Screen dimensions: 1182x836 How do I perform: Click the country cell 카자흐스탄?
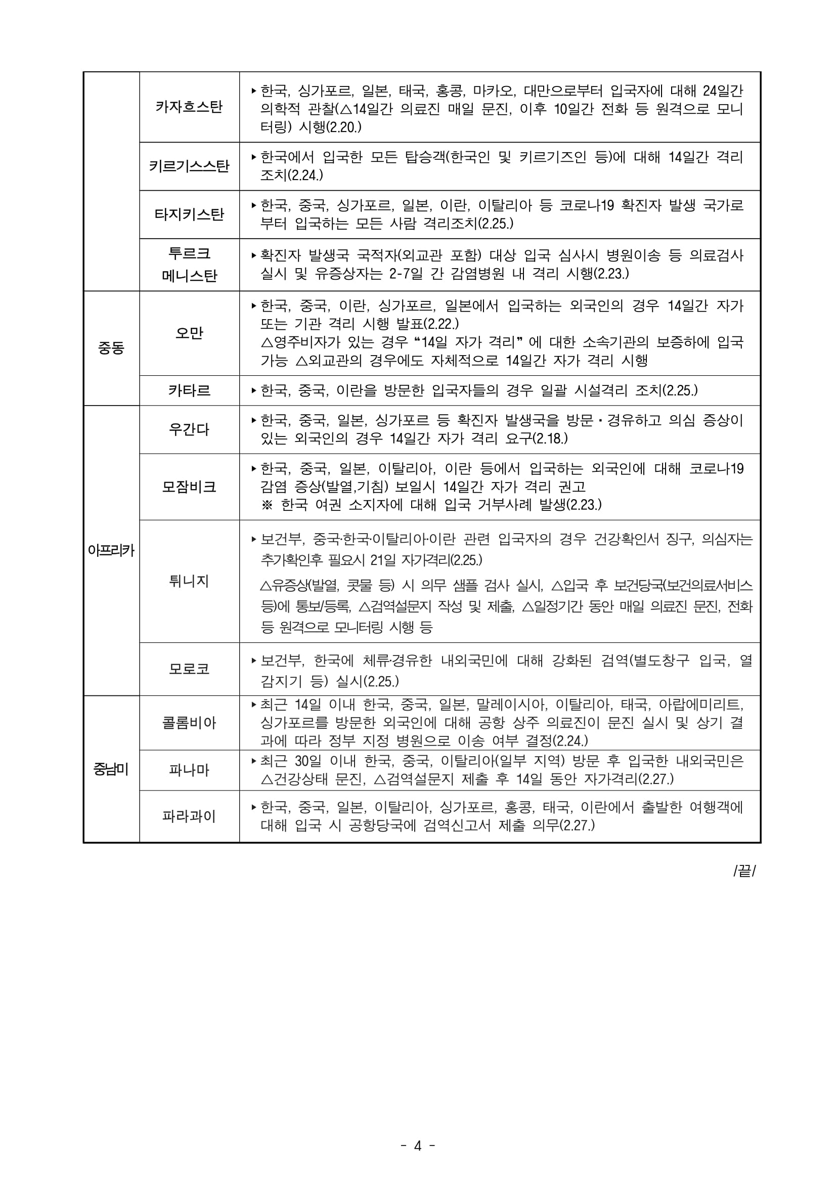(x=189, y=107)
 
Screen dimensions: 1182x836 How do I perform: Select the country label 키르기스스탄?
(x=189, y=166)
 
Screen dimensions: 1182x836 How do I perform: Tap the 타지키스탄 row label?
(x=189, y=214)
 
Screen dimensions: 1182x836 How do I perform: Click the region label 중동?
(x=111, y=348)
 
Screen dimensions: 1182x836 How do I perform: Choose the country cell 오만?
(x=189, y=333)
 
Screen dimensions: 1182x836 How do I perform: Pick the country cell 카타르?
(x=189, y=390)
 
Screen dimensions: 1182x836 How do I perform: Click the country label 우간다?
(x=189, y=429)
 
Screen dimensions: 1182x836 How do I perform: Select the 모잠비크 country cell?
(x=189, y=487)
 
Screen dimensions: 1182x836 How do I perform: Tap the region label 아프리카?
(x=111, y=550)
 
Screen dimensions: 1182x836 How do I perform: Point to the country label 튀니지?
(x=189, y=581)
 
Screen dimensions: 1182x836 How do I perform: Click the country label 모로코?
(x=189, y=669)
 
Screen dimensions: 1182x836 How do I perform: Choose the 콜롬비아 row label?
(x=189, y=723)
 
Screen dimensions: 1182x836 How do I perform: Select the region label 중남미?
(x=111, y=770)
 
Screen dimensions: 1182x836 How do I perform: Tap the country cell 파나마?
(x=189, y=770)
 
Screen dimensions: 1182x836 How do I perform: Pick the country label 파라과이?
(x=189, y=816)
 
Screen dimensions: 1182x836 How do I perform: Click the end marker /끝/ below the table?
(x=744, y=871)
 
